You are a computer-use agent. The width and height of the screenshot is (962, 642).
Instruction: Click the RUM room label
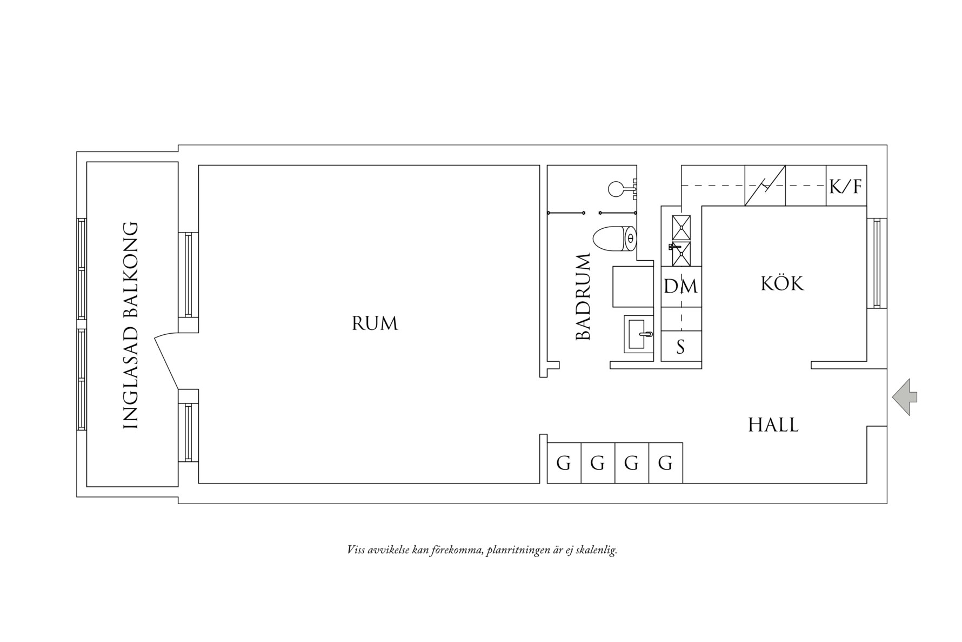click(375, 323)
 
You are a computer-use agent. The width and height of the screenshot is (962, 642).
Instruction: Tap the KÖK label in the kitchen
click(782, 284)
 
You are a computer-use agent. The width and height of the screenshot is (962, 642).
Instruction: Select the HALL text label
click(773, 425)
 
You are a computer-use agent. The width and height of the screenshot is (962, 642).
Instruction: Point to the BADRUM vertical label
click(583, 297)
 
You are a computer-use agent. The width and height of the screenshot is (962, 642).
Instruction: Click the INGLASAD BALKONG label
click(131, 326)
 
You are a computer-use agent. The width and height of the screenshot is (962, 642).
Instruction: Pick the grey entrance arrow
click(904, 396)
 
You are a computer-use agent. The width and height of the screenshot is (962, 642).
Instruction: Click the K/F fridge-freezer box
click(846, 187)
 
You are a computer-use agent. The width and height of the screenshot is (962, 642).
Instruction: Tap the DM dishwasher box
click(680, 286)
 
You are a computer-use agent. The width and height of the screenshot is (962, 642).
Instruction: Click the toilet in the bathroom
click(615, 239)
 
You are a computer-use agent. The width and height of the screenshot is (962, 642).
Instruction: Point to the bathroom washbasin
click(639, 334)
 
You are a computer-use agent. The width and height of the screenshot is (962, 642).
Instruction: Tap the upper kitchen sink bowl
click(681, 228)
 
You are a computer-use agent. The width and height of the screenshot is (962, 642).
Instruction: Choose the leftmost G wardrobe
click(564, 463)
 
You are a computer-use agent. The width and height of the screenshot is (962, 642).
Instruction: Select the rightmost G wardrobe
click(665, 463)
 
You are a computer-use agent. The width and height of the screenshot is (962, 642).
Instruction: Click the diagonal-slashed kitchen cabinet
click(765, 186)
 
